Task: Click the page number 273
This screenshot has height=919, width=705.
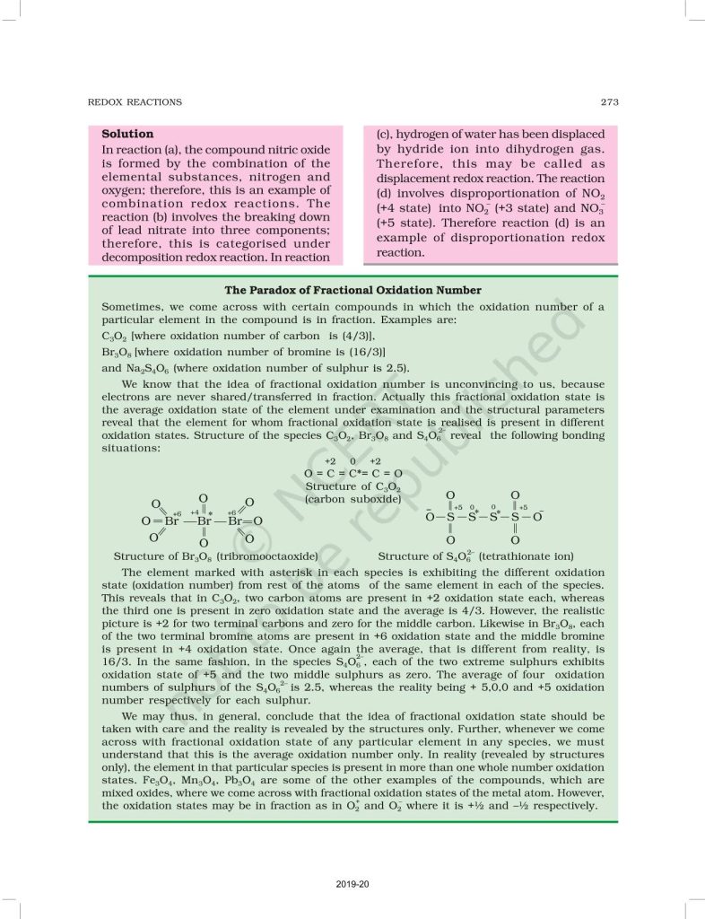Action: [x=609, y=102]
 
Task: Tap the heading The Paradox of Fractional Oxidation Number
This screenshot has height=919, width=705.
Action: [x=352, y=290]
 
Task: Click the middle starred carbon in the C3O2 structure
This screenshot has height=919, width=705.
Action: [x=353, y=473]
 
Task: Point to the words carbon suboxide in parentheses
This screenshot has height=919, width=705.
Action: [x=353, y=499]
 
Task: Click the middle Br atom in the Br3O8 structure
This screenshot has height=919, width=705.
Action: [x=204, y=521]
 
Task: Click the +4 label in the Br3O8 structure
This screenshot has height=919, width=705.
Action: [x=195, y=512]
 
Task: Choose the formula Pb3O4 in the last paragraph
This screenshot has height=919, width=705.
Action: [x=285, y=781]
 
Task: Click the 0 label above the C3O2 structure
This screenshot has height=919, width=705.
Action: [x=353, y=460]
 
